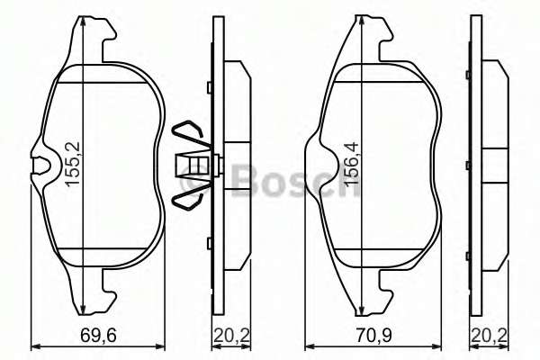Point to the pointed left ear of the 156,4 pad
[x=310, y=143]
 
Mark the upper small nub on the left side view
[x=208, y=87]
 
